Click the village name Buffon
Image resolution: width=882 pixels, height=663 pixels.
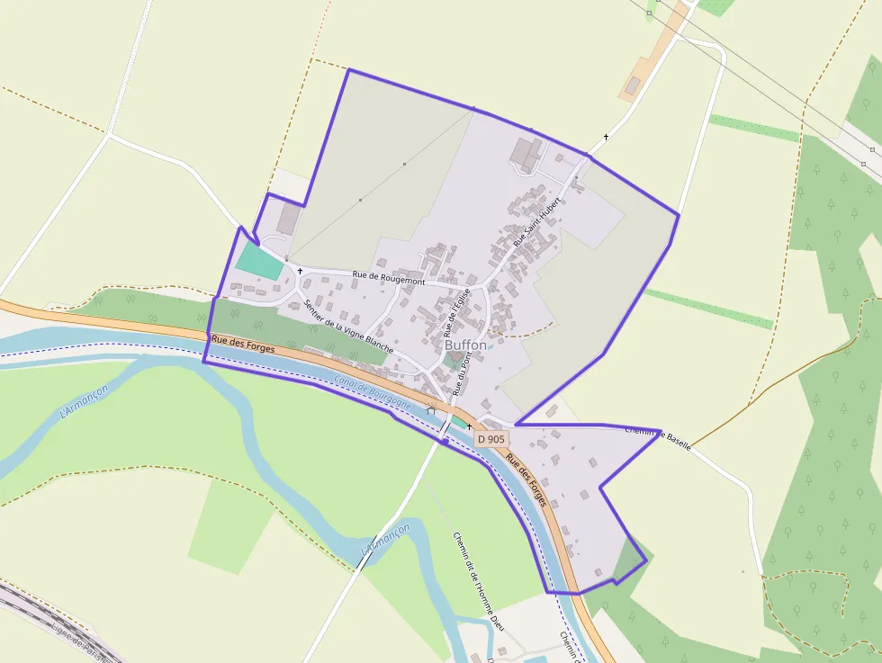[x=465, y=345]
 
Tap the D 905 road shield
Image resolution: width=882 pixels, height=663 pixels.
[x=491, y=439]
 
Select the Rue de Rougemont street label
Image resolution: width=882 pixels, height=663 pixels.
[x=388, y=280]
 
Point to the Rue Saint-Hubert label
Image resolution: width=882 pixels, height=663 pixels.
[x=530, y=224]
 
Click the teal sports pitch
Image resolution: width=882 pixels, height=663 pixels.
[x=259, y=261]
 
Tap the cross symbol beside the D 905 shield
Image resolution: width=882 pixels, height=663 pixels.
[x=469, y=427]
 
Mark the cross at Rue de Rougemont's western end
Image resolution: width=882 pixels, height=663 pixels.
[x=300, y=270]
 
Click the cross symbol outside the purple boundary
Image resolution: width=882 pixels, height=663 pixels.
[x=607, y=137]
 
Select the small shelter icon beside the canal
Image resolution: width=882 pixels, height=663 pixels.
[x=431, y=410]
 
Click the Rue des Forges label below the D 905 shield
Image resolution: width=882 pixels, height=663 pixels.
[x=526, y=479]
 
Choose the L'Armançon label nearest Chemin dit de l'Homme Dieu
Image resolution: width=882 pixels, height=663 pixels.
[x=385, y=538]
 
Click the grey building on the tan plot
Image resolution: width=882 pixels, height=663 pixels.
[x=633, y=85]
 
